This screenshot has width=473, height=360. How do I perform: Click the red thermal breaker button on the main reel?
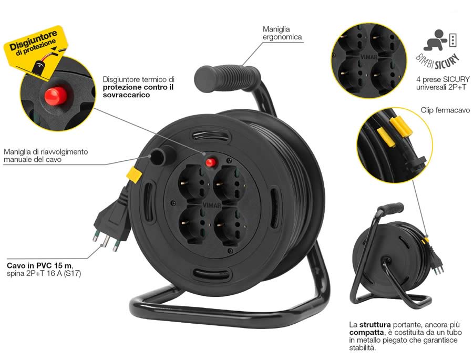(211, 162)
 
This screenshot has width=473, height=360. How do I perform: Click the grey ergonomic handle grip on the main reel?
(227, 77)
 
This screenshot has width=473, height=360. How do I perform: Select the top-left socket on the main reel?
(193, 183)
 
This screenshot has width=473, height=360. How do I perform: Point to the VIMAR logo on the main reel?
(212, 205)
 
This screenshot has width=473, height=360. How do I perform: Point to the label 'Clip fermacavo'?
(445, 110)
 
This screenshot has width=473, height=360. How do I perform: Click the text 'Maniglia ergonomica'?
(282, 33)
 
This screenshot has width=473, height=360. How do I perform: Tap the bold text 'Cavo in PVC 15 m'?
(39, 265)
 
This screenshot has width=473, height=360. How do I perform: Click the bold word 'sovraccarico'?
(126, 95)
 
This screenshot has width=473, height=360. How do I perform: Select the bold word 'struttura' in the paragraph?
(375, 325)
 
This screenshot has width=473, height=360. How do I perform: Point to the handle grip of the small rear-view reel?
(391, 208)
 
